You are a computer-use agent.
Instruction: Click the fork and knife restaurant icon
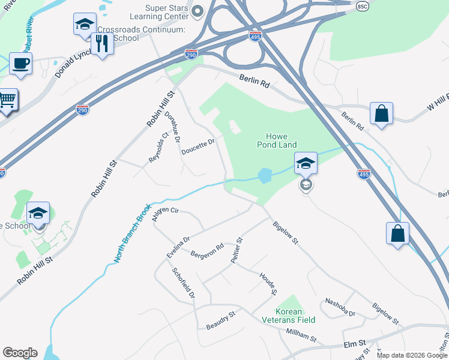point(102,43)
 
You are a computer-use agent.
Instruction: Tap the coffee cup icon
point(20,63)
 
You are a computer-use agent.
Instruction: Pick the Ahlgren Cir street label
point(166,214)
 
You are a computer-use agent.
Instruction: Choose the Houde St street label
point(268,284)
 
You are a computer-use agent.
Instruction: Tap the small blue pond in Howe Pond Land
point(264,175)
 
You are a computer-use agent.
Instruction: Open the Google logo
point(20,353)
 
